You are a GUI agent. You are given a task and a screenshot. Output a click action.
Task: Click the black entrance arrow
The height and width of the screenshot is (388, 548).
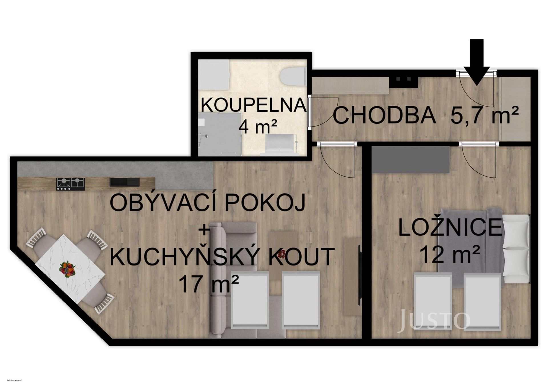click(x=476, y=61)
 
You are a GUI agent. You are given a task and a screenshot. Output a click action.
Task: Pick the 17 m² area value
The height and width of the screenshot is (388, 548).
click(x=208, y=284)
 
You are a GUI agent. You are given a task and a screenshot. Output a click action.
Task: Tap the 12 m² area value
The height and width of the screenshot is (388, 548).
click(x=450, y=255)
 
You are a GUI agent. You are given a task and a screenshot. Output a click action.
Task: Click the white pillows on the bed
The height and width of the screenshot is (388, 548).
click(x=515, y=247)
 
